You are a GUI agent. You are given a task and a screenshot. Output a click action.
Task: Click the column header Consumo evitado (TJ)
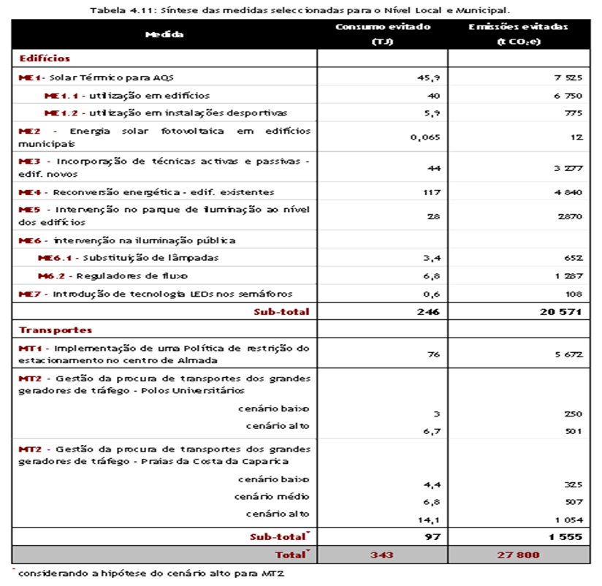coord(382,34)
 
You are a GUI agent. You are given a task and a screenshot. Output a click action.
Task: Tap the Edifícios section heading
coord(45,58)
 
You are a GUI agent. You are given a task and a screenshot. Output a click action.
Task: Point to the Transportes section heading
coord(56,330)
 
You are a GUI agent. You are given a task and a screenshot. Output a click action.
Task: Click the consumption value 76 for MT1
coord(434,355)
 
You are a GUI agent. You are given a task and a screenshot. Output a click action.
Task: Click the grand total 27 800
coord(518,555)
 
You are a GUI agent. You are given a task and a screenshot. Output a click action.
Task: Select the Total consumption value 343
coord(382,555)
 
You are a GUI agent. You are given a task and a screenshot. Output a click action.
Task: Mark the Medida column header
coord(164,34)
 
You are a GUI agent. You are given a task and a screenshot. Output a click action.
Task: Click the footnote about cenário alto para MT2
coord(150,574)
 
